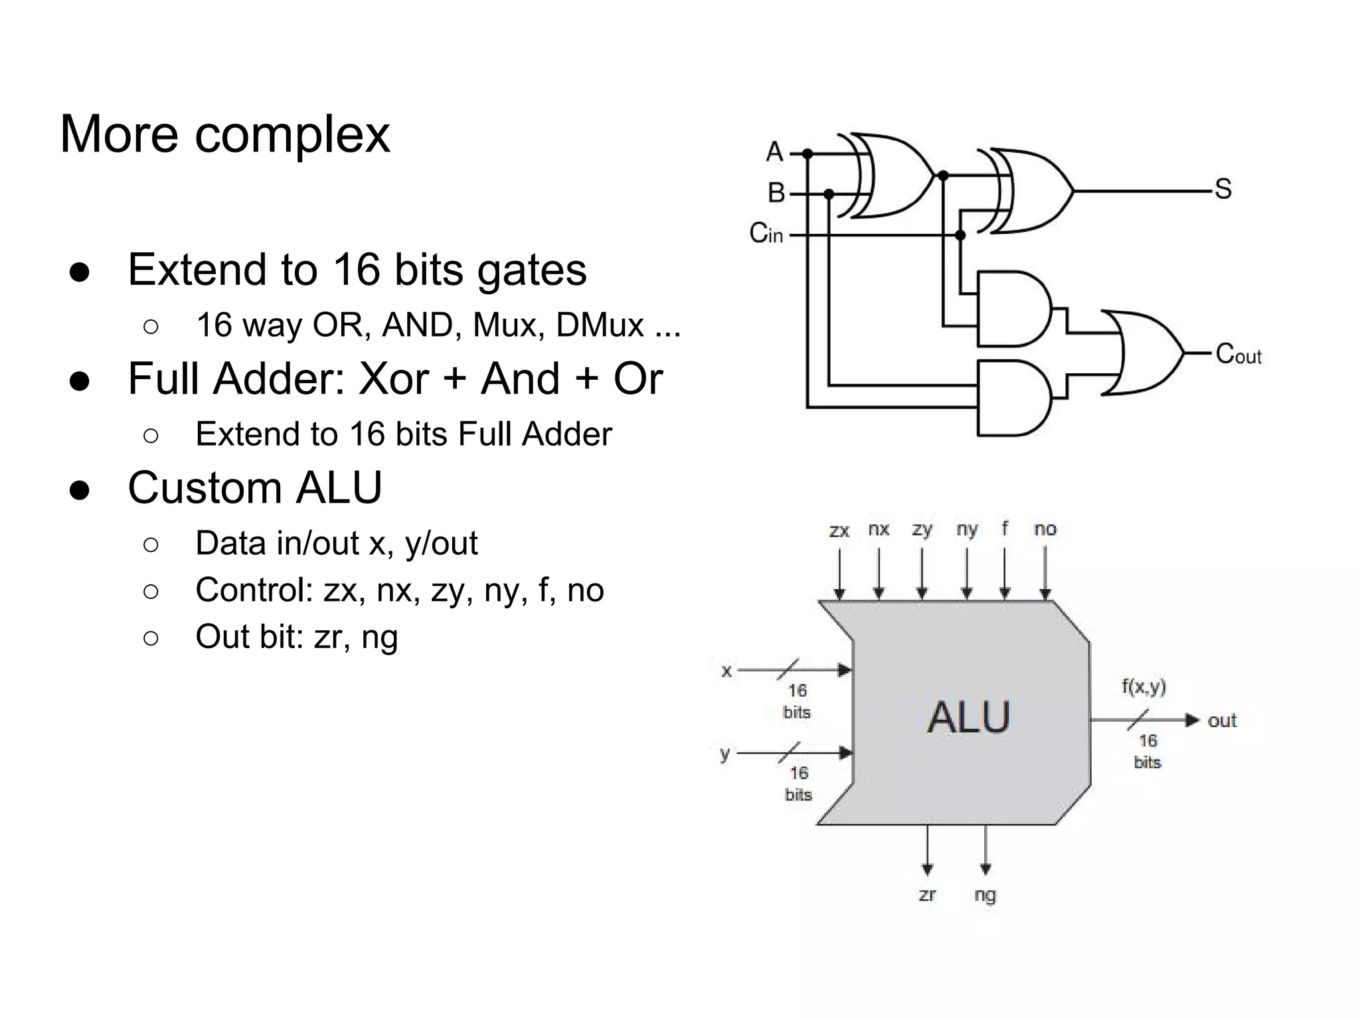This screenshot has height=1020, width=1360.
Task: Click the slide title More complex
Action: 225,135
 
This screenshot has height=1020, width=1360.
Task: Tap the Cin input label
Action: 766,233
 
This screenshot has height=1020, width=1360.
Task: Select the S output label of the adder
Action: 1223,189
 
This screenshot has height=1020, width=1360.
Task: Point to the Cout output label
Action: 1238,354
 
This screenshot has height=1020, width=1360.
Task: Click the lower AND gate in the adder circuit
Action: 1013,398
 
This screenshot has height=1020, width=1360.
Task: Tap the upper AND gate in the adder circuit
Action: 1013,309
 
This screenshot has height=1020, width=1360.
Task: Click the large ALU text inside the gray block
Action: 968,717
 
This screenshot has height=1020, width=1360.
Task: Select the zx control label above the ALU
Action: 839,531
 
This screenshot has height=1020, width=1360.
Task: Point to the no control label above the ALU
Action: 1045,529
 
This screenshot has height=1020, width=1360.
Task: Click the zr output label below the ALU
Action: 927,894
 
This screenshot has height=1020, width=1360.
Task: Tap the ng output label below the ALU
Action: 985,895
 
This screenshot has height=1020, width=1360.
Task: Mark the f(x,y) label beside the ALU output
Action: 1144,687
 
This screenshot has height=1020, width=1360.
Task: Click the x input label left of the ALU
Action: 726,671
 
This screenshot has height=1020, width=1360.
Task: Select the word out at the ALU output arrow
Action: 1222,721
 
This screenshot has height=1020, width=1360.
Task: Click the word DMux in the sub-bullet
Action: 600,325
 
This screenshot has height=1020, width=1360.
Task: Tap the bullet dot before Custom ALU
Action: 79,490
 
